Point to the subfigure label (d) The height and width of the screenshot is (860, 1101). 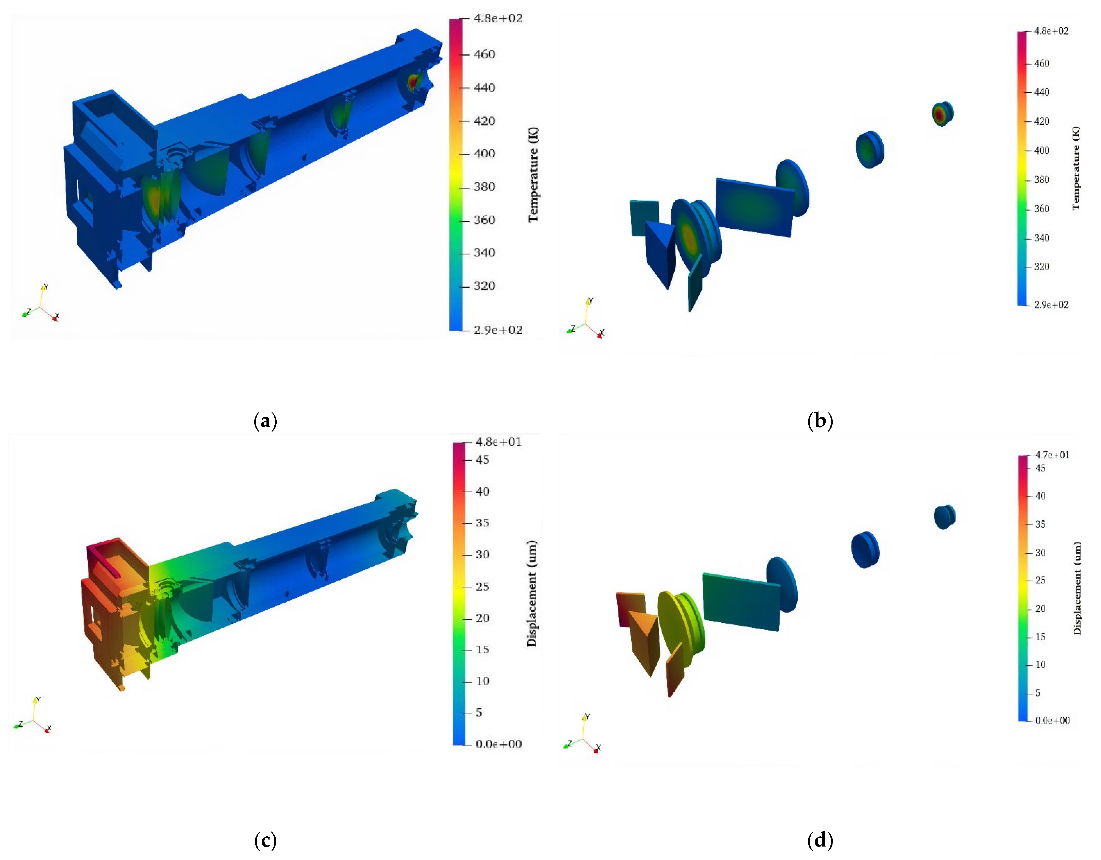(820, 840)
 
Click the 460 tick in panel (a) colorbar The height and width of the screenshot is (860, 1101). (484, 54)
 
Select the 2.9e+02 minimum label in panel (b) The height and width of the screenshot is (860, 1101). (1051, 304)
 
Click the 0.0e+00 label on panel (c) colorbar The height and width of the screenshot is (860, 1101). (499, 744)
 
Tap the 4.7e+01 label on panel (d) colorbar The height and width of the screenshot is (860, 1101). (1052, 455)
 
